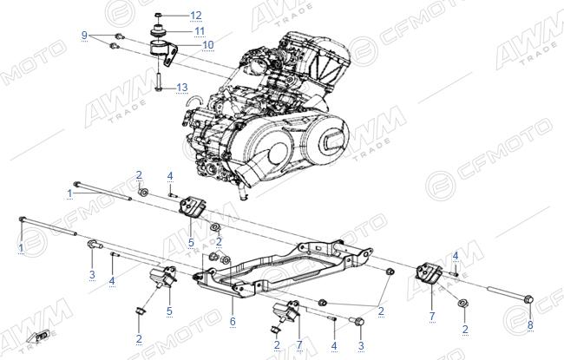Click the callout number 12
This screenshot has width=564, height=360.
click(x=196, y=16)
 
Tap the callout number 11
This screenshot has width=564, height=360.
click(x=200, y=31)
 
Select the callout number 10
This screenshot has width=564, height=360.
click(x=208, y=45)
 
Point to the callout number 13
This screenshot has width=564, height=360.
click(x=182, y=88)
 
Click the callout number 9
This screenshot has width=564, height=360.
click(x=84, y=36)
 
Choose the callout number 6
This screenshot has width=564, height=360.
click(x=233, y=321)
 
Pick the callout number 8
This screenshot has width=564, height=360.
click(x=530, y=324)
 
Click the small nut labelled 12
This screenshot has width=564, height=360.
click(x=158, y=15)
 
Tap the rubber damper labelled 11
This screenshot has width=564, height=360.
click(x=158, y=30)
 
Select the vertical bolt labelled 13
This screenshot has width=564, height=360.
click(x=158, y=82)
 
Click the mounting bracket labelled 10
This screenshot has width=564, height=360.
click(x=164, y=53)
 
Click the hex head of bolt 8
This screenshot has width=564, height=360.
click(x=529, y=299)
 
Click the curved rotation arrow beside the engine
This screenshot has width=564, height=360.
click(x=193, y=99)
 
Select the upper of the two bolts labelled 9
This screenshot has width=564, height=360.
click(x=119, y=36)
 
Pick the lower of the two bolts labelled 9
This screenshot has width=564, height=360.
click(x=115, y=46)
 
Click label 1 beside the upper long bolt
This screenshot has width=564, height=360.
click(x=69, y=193)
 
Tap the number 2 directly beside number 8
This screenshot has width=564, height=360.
click(x=465, y=329)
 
